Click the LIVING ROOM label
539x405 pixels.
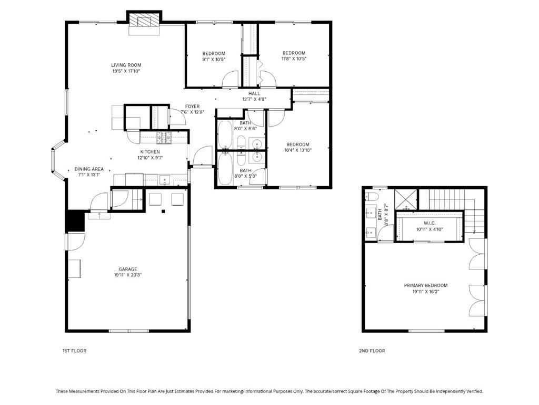[x=125, y=65]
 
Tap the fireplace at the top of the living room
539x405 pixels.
[x=144, y=22]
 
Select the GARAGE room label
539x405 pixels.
[x=127, y=269]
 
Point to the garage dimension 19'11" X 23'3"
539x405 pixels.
[x=127, y=275]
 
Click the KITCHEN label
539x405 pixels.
[x=150, y=152]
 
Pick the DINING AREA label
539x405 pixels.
[x=89, y=169]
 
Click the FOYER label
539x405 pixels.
[x=192, y=107]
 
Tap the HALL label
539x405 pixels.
[x=254, y=93]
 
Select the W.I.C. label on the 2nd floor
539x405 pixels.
[x=430, y=223]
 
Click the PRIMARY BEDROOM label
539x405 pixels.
[x=426, y=285]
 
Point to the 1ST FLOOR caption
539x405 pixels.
[x=74, y=351]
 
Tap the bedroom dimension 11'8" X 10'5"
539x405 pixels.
[x=294, y=59]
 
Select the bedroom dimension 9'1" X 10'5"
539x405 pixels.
[x=214, y=59]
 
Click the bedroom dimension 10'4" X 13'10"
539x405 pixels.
[x=297, y=150]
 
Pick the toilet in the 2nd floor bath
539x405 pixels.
[x=373, y=197]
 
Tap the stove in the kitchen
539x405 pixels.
[x=163, y=138]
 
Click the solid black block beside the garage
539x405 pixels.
[x=75, y=220]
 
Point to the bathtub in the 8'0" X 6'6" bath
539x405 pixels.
[x=225, y=136]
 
